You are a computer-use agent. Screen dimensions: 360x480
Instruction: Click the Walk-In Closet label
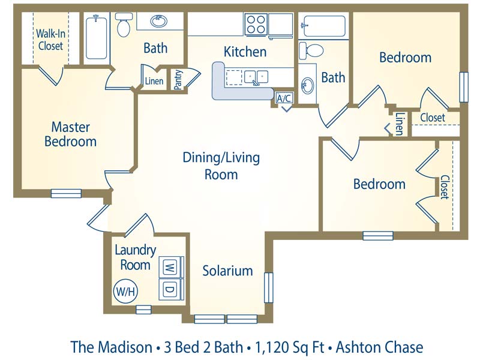[50, 40]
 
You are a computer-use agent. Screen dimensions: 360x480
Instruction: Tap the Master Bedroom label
[70, 134]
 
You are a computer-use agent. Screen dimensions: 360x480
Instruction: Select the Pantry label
[178, 80]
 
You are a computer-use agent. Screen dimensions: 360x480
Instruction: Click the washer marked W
[169, 266]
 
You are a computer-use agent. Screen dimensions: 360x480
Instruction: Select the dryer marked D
[169, 289]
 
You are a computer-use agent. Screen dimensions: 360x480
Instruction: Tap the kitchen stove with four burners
[255, 25]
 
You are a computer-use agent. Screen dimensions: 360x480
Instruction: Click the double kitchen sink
[255, 77]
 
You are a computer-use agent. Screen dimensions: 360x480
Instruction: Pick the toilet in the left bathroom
[124, 25]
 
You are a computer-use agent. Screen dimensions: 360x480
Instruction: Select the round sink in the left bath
[159, 22]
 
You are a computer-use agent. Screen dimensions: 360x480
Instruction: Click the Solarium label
[227, 271]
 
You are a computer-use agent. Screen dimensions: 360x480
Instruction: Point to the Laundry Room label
[135, 257]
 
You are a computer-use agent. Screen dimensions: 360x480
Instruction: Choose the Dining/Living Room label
[221, 166]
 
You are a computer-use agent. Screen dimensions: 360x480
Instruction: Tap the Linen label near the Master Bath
[154, 82]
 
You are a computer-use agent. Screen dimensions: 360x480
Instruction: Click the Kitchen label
[245, 52]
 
